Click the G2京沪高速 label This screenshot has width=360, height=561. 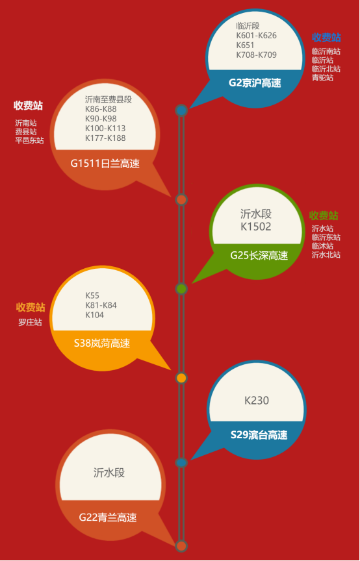point(255,83)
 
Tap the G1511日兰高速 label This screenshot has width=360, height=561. point(105,164)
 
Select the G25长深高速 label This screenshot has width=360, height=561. point(259,255)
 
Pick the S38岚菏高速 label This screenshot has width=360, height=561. point(102,344)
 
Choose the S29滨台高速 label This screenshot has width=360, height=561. point(259,434)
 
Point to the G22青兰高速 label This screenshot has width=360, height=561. point(108,517)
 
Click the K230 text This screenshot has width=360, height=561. point(257,401)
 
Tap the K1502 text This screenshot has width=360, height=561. point(256,227)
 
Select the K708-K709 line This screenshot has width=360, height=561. point(256,55)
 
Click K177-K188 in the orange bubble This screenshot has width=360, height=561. point(105,138)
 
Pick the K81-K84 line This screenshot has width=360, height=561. point(101,305)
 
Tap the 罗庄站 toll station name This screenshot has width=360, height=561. point(30,322)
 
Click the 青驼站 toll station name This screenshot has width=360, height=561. point(322,77)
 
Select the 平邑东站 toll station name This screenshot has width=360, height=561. point(29,140)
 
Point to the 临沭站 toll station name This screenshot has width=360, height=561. point(322,246)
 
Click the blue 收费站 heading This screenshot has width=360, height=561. point(326,37)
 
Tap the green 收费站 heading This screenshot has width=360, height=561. point(324,216)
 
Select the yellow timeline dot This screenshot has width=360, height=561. point(181,378)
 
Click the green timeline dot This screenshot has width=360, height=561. point(181,288)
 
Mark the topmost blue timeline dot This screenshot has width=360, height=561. point(181,110)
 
